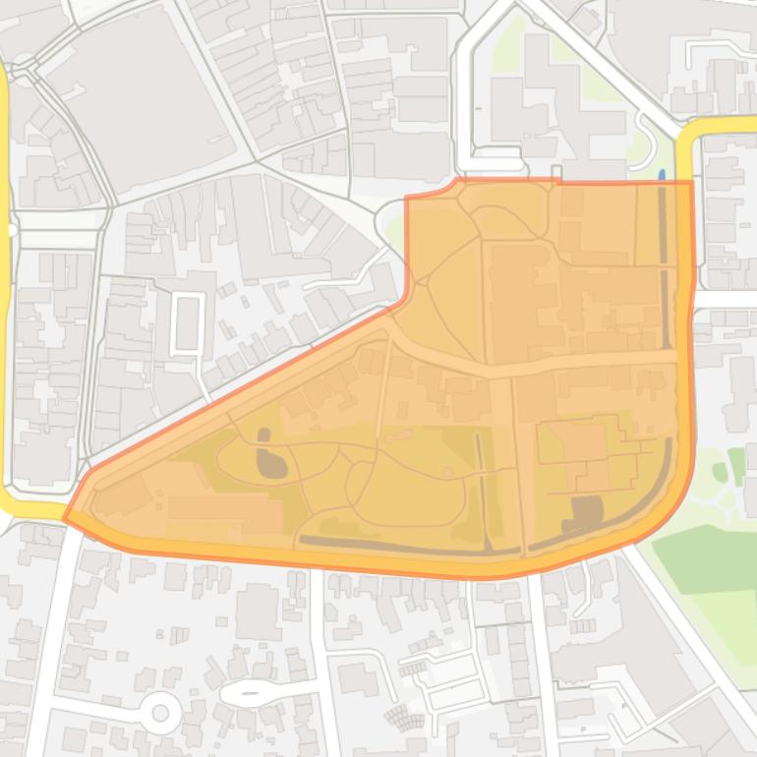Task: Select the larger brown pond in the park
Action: point(272,463)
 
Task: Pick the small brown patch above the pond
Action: point(262,434)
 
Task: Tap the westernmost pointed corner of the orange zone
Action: point(66,517)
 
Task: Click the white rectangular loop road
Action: point(188,323)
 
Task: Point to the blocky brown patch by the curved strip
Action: point(587,510)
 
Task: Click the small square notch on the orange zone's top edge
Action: point(556,174)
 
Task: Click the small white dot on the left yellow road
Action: point(11,230)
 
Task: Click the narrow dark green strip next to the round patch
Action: point(736,466)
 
